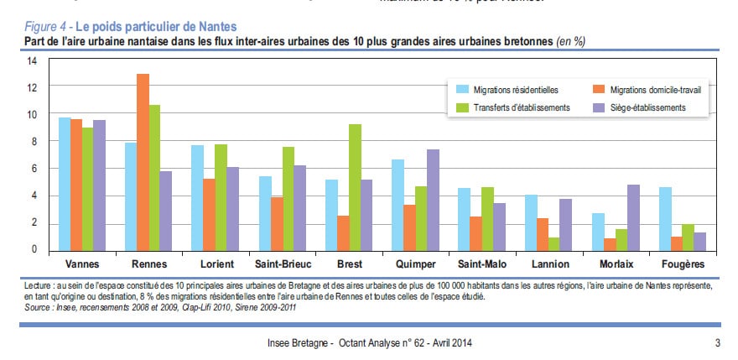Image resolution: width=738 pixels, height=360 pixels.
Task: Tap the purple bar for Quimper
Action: click(x=434, y=200)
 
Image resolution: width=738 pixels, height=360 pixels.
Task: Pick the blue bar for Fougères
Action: click(x=664, y=218)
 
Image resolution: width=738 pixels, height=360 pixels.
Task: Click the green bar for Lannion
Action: click(x=554, y=243)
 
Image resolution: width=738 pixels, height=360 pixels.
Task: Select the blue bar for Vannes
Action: click(x=65, y=184)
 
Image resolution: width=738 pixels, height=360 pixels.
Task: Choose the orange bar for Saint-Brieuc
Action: click(x=277, y=223)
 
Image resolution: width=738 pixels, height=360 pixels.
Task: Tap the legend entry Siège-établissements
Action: click(x=648, y=107)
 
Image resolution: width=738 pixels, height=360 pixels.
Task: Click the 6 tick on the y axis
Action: click(x=34, y=169)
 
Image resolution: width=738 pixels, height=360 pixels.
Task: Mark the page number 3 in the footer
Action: click(x=718, y=342)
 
